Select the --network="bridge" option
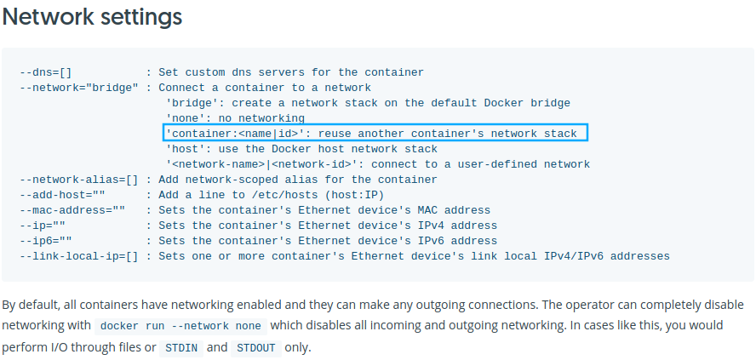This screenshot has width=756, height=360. coord(78,88)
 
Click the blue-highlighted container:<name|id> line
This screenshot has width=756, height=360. coord(375,134)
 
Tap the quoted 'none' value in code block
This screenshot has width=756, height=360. coord(186,118)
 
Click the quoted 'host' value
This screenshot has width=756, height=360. coord(186,149)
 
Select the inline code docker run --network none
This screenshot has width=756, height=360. coord(181,326)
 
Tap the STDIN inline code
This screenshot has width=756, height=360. coord(181,348)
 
